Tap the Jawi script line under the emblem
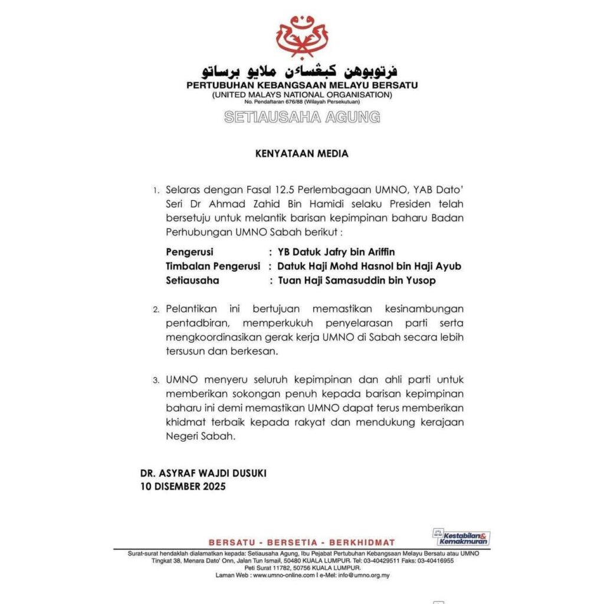301,72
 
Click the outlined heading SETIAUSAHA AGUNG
301,117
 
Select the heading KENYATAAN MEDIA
301,154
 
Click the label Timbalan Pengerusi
212,267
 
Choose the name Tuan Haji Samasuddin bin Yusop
357,281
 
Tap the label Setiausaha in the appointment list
192,281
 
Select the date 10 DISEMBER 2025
183,487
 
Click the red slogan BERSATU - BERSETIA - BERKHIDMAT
301,542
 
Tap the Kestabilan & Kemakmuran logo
461,537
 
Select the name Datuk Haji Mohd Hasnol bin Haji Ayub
370,267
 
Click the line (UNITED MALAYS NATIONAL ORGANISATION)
301,94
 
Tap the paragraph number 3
156,382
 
